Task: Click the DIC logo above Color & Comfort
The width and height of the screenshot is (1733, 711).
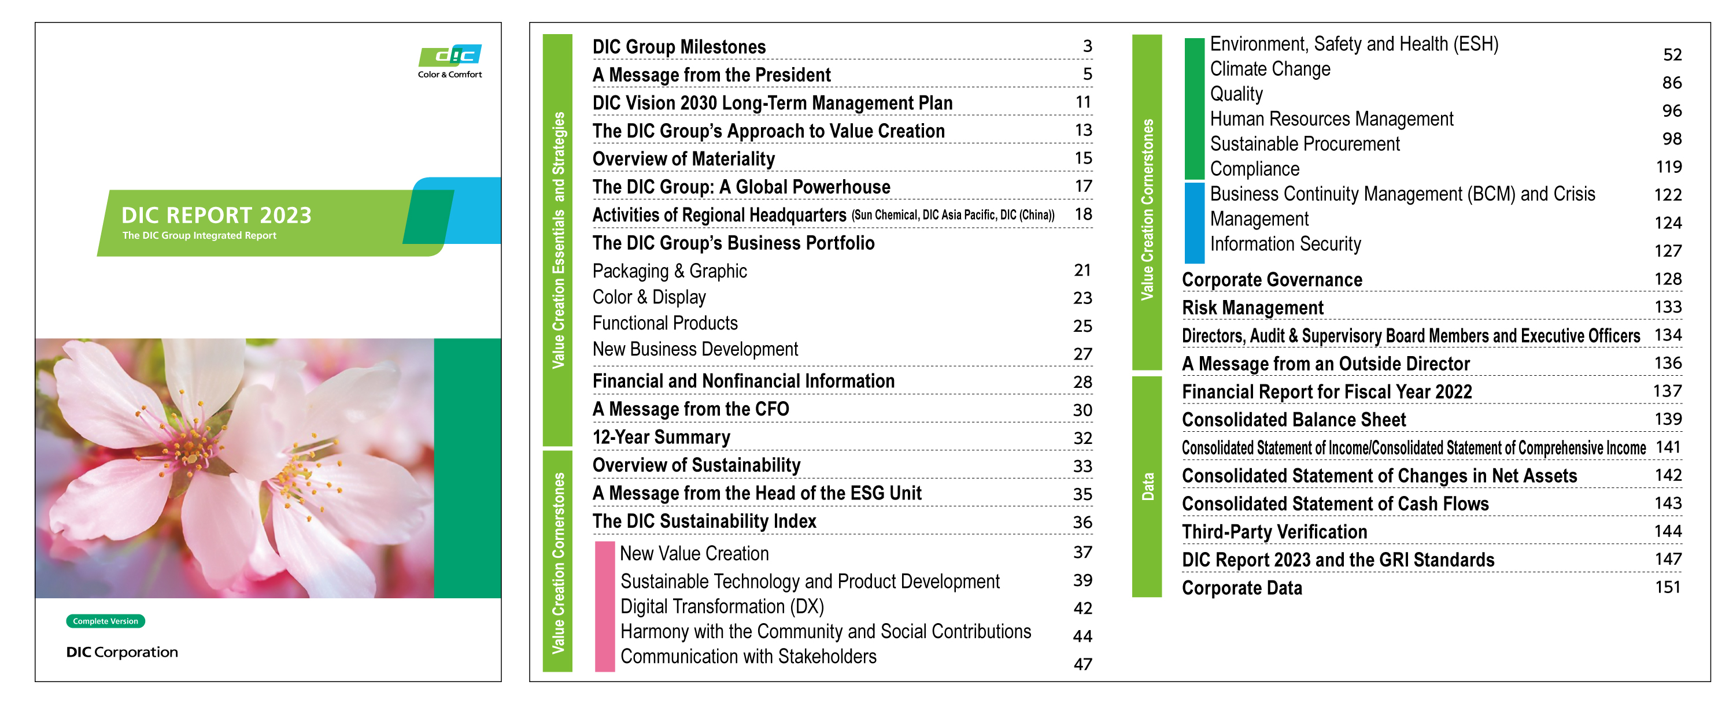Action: [x=450, y=55]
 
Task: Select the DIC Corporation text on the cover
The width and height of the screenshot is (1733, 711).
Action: [x=122, y=652]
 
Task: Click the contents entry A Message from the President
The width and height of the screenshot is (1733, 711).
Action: [x=711, y=75]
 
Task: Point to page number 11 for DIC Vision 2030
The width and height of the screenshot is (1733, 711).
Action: [x=1082, y=102]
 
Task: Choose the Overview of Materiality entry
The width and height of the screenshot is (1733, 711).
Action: [x=683, y=159]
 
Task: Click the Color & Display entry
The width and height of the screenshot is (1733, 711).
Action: [x=649, y=297]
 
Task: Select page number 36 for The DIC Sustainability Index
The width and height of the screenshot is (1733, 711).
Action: [x=1082, y=522]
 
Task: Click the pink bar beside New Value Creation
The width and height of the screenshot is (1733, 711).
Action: [x=604, y=605]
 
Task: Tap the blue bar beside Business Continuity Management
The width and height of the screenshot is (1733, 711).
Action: [x=1193, y=223]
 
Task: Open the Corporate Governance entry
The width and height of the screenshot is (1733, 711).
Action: [x=1272, y=280]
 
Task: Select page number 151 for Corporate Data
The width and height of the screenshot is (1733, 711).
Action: [x=1667, y=587]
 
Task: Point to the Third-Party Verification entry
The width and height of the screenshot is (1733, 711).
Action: [x=1274, y=532]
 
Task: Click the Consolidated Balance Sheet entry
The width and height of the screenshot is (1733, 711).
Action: [x=1293, y=420]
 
